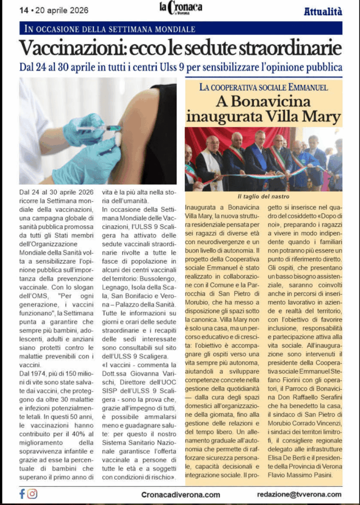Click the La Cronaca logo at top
pos(180,8)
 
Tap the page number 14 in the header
pos(23,10)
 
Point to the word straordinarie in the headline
pos(289,48)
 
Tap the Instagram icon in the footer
pos(33,494)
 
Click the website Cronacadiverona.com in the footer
pos(180,494)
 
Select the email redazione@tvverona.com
pos(299,494)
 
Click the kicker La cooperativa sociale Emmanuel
pos(264,88)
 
